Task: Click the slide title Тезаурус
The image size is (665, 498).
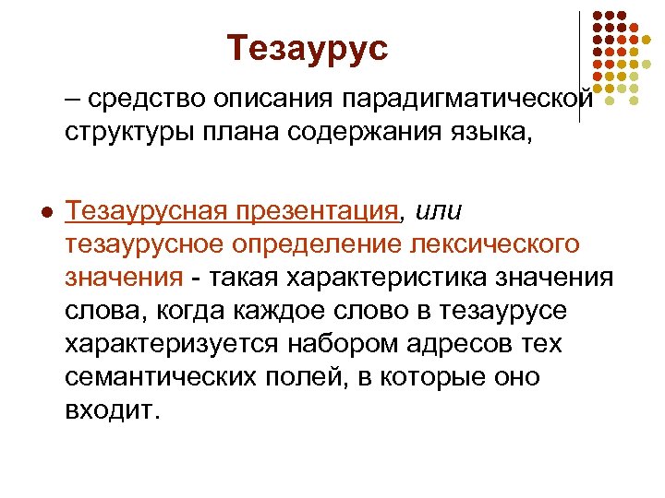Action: [x=308, y=47]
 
